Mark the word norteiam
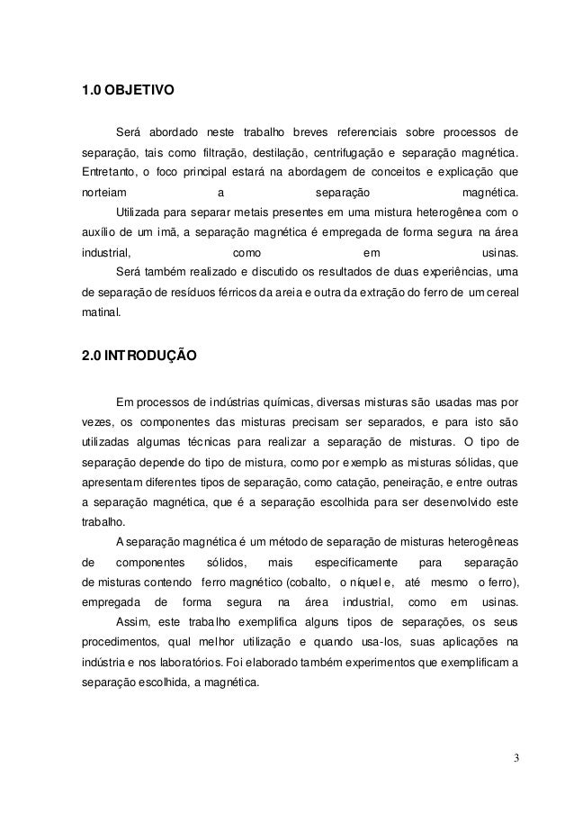click(103, 193)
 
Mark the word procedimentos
click(119, 643)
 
